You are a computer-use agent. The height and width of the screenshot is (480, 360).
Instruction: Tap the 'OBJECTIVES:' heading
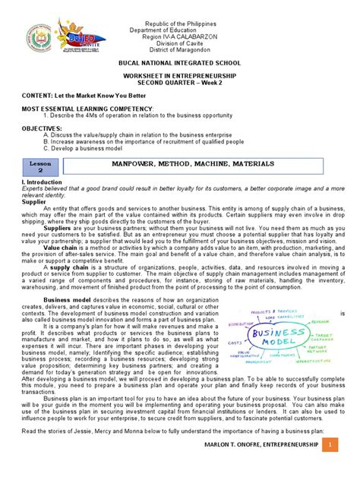pos(41,129)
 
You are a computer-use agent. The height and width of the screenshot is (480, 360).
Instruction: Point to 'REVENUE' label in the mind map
pos(320,321)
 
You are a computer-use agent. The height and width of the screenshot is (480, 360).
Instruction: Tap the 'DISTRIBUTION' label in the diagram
pos(243,324)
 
